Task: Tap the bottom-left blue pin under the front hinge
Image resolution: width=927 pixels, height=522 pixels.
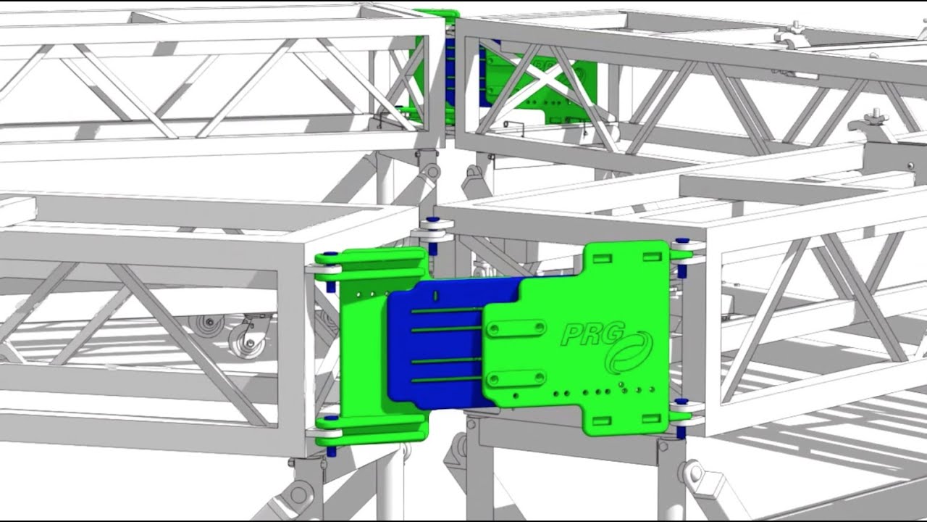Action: (x=331, y=451)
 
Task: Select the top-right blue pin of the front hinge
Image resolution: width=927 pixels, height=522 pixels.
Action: (x=681, y=242)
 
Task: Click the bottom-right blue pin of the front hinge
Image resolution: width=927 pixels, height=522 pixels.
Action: (x=681, y=432)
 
